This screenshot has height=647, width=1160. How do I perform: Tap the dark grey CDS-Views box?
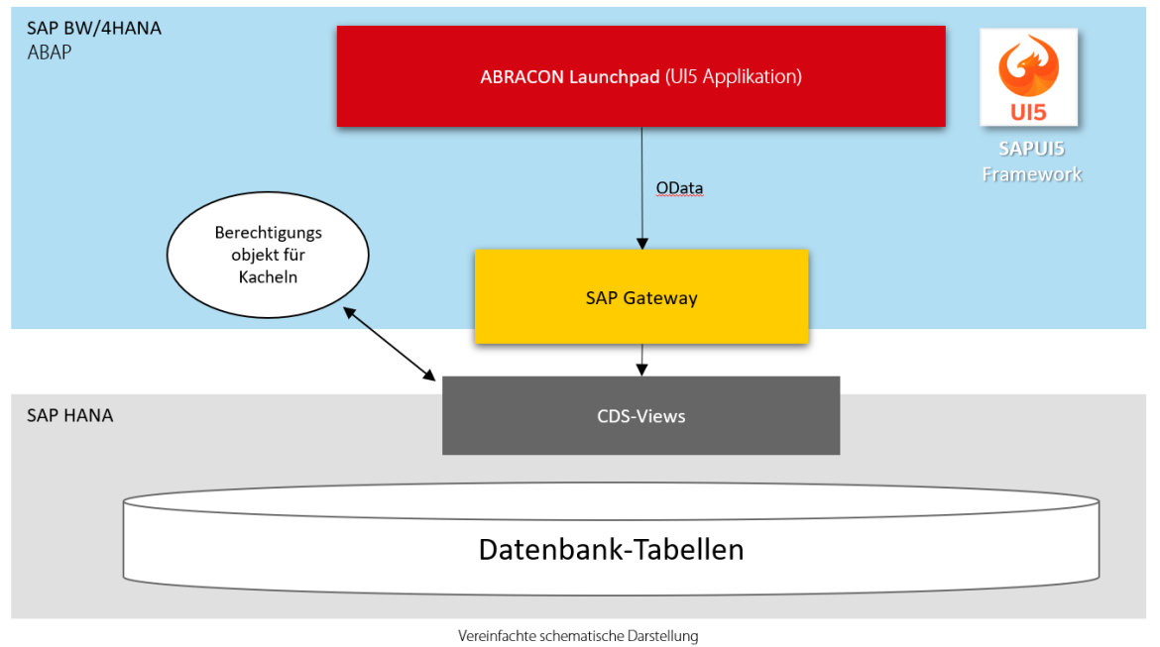[x=640, y=416]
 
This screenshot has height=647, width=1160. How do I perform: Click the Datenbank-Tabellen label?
[x=611, y=549]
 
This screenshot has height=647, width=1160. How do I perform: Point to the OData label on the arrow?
[x=679, y=188]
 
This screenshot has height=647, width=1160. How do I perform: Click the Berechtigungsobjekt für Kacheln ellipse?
[x=268, y=256]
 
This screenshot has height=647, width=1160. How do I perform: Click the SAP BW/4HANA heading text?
[x=94, y=29]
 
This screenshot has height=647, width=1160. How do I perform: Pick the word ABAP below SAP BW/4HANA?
[x=50, y=53]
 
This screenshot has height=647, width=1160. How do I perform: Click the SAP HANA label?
[x=70, y=415]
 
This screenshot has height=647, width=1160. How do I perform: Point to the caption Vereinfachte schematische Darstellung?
[x=578, y=636]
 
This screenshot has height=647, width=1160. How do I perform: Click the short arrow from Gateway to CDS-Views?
[x=641, y=360]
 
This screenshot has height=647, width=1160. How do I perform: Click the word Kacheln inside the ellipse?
[x=268, y=277]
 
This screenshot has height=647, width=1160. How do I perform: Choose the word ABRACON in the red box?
[x=522, y=76]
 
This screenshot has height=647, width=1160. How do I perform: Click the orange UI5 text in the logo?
[x=1028, y=112]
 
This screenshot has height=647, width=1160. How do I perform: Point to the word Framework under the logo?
[x=1031, y=174]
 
